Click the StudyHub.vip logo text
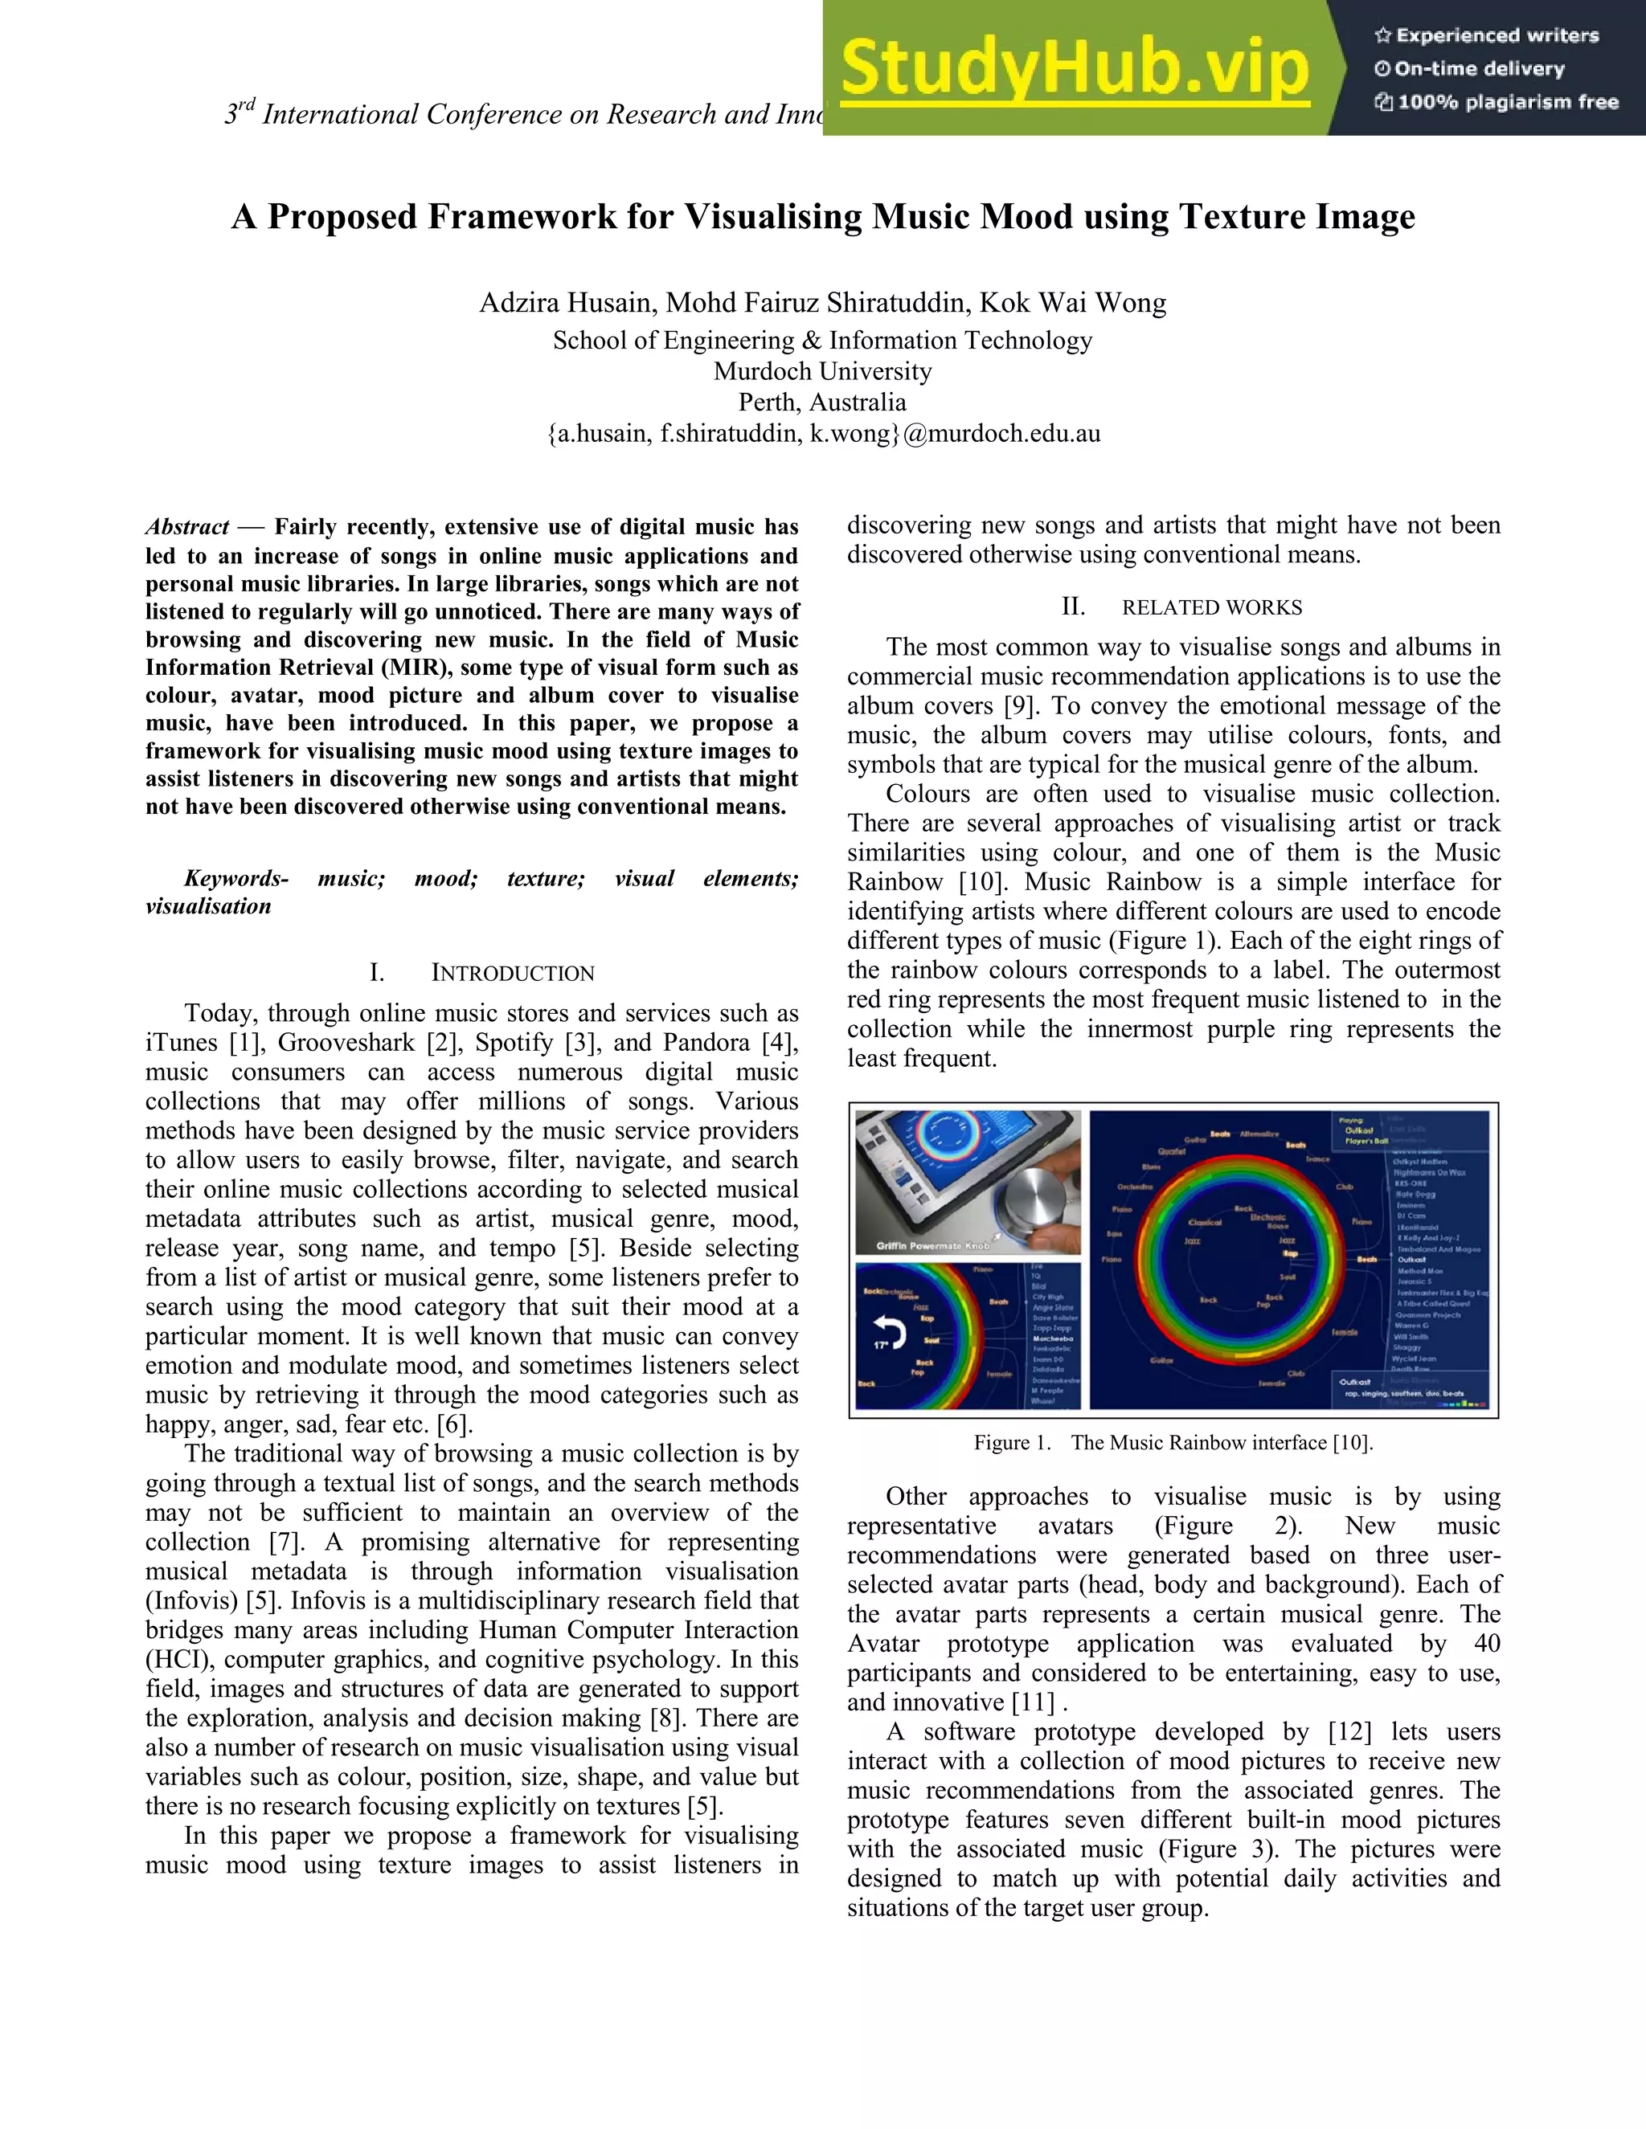point(1074,69)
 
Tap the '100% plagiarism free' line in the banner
point(1497,102)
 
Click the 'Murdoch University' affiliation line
point(822,371)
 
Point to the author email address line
point(823,434)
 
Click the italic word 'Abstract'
point(187,527)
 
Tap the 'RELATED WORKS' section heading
point(1211,607)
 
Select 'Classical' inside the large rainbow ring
point(1206,1223)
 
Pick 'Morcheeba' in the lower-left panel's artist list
point(1052,1338)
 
